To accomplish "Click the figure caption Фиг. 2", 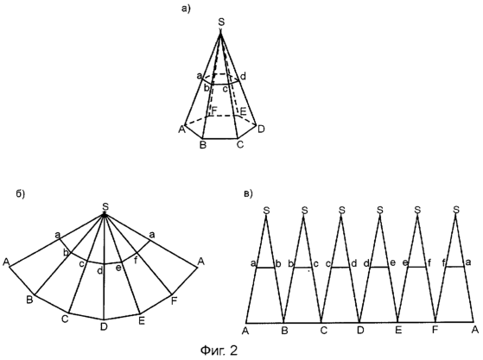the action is (219, 351).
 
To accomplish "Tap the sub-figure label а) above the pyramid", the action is (186, 9).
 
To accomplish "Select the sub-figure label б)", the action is (21, 193).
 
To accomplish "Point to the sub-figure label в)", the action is (248, 193).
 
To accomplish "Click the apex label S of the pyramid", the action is (221, 22).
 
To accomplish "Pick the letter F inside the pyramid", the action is (214, 111).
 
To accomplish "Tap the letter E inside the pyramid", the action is (244, 111).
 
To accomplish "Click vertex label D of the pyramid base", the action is (261, 129).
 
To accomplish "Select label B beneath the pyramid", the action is (203, 145).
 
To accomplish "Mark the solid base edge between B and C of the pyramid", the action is (220, 138).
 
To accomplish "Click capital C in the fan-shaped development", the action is (65, 319).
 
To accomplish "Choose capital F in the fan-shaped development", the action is (174, 301).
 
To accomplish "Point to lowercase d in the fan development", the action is (100, 271).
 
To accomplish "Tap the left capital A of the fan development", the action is (6, 262).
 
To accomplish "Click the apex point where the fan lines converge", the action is (105, 215).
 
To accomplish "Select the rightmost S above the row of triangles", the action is (456, 210).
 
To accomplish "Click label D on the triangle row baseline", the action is (360, 331).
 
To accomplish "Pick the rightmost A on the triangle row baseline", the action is (475, 330).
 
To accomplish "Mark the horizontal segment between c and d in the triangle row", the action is (340, 268).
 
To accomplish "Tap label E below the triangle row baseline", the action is (398, 331).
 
